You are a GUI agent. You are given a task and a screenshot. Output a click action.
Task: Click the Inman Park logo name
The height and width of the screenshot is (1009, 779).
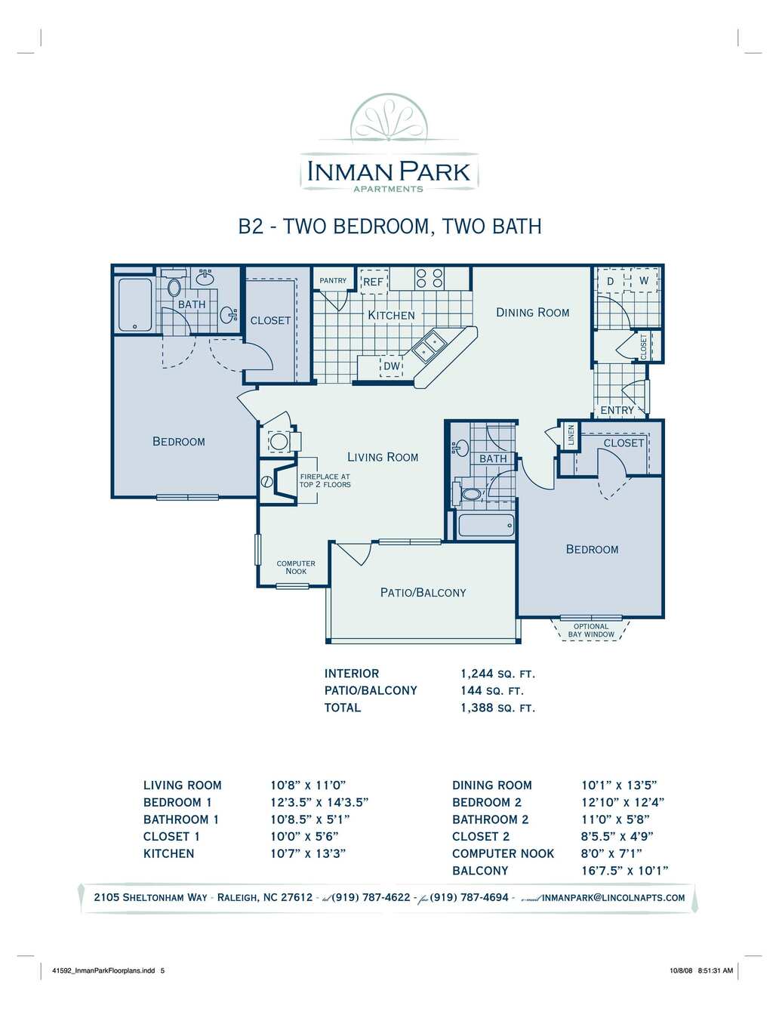coord(389,171)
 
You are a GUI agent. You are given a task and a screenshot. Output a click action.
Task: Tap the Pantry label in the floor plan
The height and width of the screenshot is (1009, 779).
coord(333,280)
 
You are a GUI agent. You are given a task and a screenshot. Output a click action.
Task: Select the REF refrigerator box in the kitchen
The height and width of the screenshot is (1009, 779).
coord(374,282)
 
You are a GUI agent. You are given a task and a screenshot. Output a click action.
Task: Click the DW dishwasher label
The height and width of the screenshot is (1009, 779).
coord(392,366)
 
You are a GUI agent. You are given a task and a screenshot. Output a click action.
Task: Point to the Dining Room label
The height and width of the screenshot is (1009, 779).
coord(533,313)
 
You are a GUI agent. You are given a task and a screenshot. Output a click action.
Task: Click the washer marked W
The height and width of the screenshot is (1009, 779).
coord(644,280)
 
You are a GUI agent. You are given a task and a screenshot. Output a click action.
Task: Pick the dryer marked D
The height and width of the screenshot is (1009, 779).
coord(611,281)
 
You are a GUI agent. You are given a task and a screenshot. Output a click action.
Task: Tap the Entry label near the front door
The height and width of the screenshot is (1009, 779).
coord(617,410)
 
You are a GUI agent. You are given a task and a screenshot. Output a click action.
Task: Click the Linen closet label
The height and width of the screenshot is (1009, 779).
coord(571,435)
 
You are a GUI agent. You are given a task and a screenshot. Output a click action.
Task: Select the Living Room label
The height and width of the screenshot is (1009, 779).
coord(383,457)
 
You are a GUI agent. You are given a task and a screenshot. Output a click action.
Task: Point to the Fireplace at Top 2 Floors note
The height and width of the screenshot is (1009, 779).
coord(325,480)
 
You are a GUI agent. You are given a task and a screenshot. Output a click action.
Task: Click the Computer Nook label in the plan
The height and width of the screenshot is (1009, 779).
coord(296,567)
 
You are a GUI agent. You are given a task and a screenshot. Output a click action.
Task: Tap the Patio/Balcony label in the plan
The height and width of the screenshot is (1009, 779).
coord(423,593)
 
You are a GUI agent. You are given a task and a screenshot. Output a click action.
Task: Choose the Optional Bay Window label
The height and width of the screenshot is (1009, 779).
coord(590,630)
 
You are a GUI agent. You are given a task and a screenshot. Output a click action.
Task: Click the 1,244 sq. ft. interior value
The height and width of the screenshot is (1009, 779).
coord(498,674)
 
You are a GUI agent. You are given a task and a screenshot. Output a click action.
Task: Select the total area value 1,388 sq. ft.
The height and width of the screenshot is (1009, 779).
coord(498,708)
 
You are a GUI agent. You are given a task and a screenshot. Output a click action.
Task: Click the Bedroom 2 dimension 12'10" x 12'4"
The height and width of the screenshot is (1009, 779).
coord(623,802)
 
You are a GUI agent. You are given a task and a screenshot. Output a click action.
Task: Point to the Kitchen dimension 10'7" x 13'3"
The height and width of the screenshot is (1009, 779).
coord(308,853)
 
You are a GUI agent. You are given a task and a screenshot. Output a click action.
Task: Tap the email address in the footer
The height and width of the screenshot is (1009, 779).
coord(613,897)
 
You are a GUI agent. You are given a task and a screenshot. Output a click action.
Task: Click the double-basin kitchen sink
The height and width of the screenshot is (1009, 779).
coord(430,347)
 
